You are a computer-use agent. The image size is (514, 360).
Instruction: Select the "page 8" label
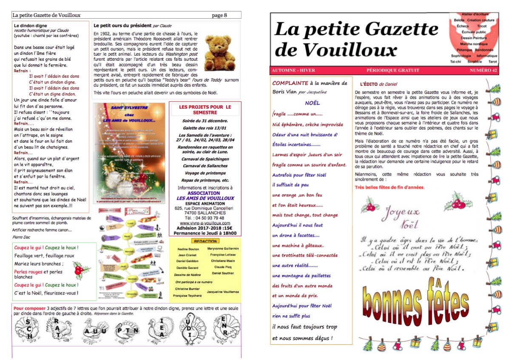tap(219, 15)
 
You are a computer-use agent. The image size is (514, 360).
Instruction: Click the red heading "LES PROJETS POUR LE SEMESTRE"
tap(205, 110)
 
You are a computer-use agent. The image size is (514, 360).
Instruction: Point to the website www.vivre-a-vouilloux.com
tap(205, 223)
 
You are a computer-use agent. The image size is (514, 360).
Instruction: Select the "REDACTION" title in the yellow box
tap(205, 241)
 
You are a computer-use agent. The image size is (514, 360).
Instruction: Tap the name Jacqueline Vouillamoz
tap(223, 292)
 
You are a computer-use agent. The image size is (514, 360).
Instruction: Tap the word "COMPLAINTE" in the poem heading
tap(290, 83)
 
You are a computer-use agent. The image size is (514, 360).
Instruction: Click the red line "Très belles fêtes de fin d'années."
tap(389, 187)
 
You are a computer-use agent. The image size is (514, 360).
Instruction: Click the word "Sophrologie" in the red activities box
tap(461, 56)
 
